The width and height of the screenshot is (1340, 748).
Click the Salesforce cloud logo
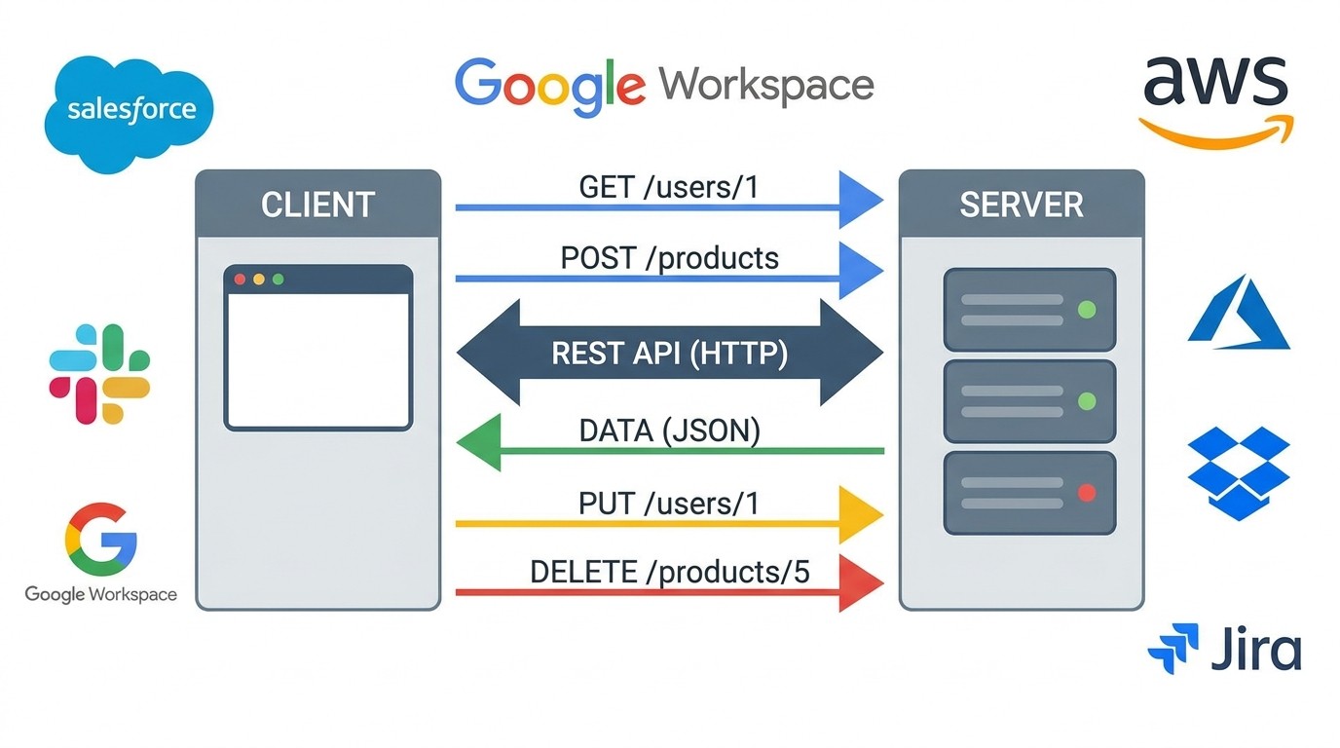point(129,112)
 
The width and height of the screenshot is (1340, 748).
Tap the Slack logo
point(99,374)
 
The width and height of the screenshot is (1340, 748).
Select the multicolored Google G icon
point(100,540)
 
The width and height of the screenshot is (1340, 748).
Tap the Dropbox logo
point(1239,472)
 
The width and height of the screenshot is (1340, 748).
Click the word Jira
point(1255,650)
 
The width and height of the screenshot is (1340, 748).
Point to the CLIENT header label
point(317,205)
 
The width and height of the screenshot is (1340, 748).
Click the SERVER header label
point(1021,205)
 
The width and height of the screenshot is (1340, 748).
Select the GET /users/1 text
point(668,187)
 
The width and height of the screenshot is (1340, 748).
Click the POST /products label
point(669,258)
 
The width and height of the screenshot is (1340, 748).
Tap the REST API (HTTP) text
point(669,353)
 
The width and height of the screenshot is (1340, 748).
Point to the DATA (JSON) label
point(669,430)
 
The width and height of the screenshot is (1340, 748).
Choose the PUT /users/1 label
point(668,504)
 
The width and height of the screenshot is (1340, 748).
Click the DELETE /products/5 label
point(669,572)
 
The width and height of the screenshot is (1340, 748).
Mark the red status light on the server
point(1087,493)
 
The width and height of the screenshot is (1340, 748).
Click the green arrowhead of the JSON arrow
point(480,443)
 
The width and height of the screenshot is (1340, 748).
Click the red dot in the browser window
point(240,280)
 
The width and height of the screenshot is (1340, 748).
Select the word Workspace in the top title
point(766,85)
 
